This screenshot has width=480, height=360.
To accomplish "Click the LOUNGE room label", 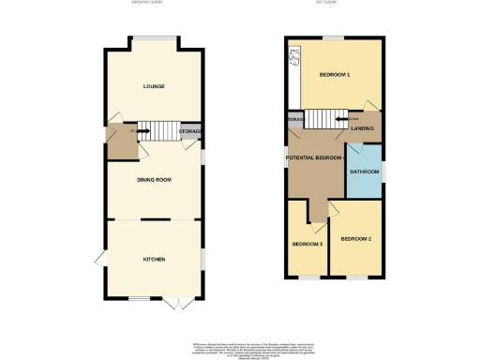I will pyautogui.click(x=155, y=86).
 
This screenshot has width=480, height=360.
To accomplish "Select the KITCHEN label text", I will pyautogui.click(x=155, y=259).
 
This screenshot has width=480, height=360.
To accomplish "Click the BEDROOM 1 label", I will pyautogui.click(x=334, y=74).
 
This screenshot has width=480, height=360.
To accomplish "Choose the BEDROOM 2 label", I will pyautogui.click(x=356, y=239).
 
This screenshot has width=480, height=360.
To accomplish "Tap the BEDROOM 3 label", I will pyautogui.click(x=307, y=245).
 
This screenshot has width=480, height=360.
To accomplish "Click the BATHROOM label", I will pyautogui.click(x=365, y=172).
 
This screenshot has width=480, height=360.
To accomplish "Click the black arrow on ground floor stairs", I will pyautogui.click(x=143, y=132).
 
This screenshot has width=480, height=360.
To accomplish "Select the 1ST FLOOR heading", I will pyautogui.click(x=335, y=4).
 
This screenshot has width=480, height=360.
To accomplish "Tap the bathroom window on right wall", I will pyautogui.click(x=383, y=171).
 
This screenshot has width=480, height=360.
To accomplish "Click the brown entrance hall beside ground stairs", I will pyautogui.click(x=120, y=141).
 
